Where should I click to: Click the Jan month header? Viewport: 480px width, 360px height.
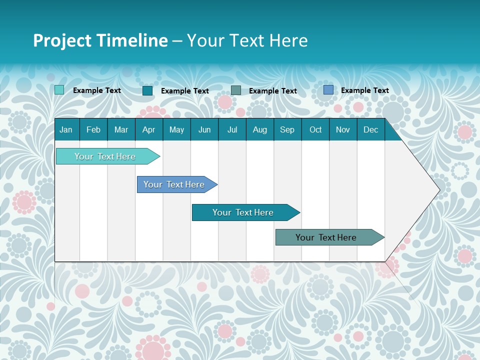tap(66, 129)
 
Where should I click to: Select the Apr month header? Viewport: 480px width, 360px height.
tap(148, 129)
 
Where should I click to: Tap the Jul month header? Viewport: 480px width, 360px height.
tap(232, 129)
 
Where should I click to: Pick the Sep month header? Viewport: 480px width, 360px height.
tap(287, 129)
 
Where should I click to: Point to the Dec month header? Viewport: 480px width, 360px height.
tap(370, 129)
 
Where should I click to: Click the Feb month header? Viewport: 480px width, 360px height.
tap(93, 129)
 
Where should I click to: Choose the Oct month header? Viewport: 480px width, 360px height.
tap(315, 129)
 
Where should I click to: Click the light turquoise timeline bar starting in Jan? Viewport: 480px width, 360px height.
tap(105, 156)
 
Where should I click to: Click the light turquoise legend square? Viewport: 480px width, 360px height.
tap(59, 90)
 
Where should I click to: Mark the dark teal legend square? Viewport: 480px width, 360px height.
tap(147, 90)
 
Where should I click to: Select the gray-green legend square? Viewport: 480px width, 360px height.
tap(236, 90)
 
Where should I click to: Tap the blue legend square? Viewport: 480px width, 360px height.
tap(328, 90)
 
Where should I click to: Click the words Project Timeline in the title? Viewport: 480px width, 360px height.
tap(100, 40)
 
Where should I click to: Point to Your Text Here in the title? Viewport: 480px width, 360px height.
tap(247, 40)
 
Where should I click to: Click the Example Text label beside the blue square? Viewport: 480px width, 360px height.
tap(364, 90)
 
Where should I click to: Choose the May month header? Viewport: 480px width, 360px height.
tap(176, 129)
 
